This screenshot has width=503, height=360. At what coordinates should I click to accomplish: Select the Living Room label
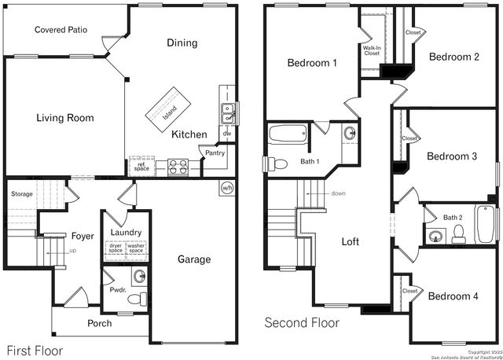(x=65, y=119)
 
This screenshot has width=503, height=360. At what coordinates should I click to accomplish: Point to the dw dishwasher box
(x=226, y=134)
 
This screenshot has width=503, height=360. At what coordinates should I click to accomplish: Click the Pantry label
(x=215, y=153)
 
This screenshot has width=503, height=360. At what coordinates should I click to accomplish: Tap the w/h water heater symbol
(x=227, y=188)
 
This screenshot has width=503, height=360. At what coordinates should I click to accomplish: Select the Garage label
(x=193, y=259)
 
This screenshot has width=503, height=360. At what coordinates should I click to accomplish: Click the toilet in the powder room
(x=138, y=299)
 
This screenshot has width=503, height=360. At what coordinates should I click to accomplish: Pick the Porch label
(x=99, y=323)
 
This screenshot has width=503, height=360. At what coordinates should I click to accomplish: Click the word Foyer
(x=83, y=236)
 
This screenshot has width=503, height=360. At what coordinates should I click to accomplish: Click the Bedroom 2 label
(x=453, y=57)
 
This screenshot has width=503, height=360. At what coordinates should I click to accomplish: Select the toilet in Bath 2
(x=461, y=232)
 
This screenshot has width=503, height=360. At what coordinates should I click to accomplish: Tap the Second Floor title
(x=302, y=322)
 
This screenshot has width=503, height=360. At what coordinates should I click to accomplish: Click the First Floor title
(x=35, y=351)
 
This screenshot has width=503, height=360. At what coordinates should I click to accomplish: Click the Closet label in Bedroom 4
(x=409, y=291)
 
